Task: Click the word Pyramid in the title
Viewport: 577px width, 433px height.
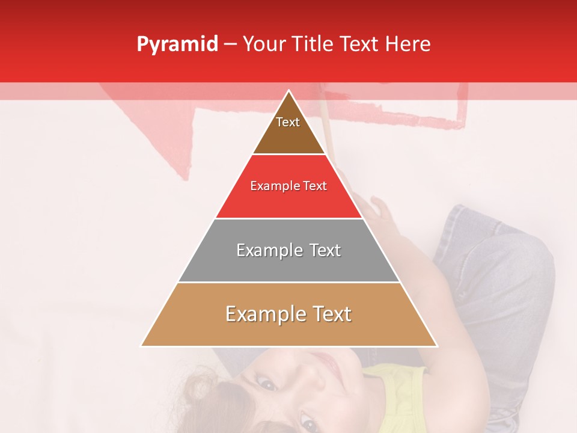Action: (x=177, y=45)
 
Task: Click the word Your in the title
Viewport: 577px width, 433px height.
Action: (x=264, y=45)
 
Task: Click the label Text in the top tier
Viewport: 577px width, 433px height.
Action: (x=288, y=122)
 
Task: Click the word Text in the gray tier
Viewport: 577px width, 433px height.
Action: (x=325, y=250)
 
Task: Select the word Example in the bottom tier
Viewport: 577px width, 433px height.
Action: (x=263, y=314)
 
